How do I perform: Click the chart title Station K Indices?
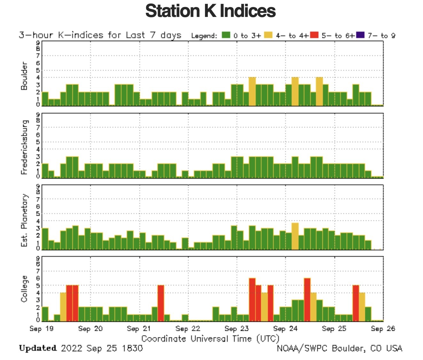tap(210, 11)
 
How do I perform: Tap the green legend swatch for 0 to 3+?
tap(226, 35)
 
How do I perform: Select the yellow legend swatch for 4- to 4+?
tap(269, 35)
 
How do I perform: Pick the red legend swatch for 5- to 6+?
tap(315, 35)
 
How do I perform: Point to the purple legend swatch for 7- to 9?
tap(360, 35)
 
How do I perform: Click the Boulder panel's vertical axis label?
tap(24, 76)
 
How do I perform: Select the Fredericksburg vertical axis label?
tap(24, 147)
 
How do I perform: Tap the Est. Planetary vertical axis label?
tap(24, 220)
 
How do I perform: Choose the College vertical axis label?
tap(24, 289)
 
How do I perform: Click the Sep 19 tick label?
tap(42, 329)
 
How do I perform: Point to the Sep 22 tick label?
tap(188, 329)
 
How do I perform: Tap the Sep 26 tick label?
tap(383, 329)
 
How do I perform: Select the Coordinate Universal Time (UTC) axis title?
tap(210, 339)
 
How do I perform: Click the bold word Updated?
tap(38, 348)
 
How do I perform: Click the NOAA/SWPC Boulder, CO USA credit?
tap(339, 348)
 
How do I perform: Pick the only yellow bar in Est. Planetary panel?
tap(295, 237)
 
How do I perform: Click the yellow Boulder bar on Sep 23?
tap(252, 91)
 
